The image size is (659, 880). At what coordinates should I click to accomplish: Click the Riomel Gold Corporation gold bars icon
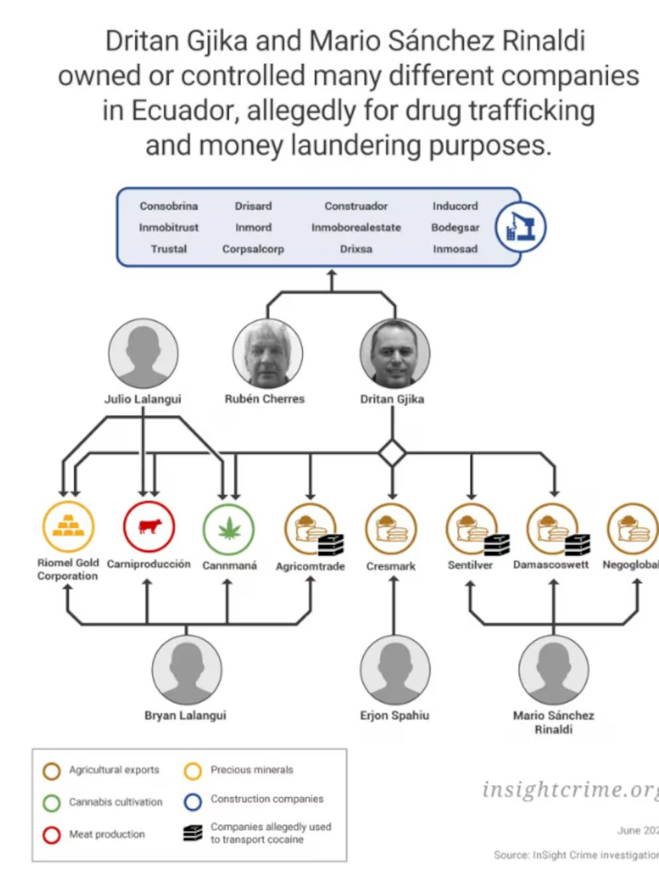(68, 527)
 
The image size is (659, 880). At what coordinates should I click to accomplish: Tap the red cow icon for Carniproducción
(149, 527)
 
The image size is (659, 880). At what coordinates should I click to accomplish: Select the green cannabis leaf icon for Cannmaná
(229, 529)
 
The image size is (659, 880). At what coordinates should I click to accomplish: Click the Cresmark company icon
(391, 529)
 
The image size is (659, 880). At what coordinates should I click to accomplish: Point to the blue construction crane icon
(521, 227)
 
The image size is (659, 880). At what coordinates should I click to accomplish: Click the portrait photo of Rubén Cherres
(267, 353)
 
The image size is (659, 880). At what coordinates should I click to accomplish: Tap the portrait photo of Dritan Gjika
(395, 353)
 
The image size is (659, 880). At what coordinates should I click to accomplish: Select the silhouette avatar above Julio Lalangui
(143, 353)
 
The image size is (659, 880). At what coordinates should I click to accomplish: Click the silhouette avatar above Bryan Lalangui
(187, 670)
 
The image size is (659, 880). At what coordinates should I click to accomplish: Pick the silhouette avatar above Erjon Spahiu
(395, 670)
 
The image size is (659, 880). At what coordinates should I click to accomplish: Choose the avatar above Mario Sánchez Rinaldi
(553, 670)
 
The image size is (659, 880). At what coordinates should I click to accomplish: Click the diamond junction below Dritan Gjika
(392, 454)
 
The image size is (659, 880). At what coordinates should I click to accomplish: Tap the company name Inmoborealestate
(356, 227)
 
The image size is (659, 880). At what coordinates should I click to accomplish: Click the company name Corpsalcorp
(253, 249)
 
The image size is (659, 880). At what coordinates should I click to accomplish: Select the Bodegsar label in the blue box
(455, 227)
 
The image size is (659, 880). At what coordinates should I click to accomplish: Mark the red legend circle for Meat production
(52, 835)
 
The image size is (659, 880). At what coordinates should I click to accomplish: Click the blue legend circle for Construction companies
(193, 802)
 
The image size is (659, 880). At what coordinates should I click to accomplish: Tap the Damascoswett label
(551, 565)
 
